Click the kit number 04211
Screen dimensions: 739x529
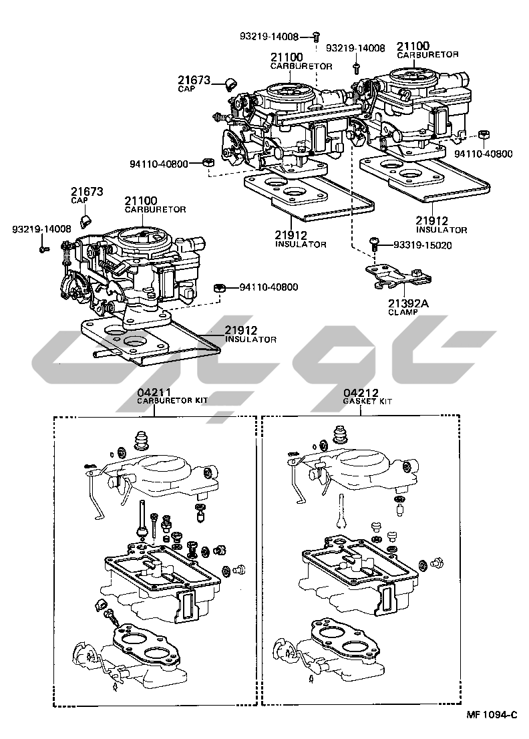coord(150,393)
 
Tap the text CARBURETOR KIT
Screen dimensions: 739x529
coord(172,401)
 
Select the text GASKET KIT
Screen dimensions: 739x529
coord(367,401)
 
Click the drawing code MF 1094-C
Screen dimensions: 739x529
coord(492,715)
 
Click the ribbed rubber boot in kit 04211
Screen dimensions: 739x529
coord(141,440)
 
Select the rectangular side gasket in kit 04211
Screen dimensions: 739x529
coord(188,605)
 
